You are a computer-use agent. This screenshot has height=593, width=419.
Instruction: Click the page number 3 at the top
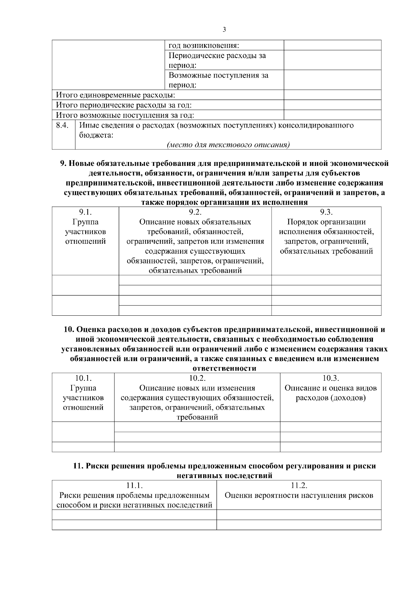click(224, 30)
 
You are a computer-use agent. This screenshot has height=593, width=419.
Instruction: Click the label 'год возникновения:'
click(204, 45)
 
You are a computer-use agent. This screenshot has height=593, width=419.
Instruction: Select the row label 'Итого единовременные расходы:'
click(116, 95)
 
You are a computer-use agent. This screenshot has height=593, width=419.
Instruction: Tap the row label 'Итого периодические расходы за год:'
click(124, 105)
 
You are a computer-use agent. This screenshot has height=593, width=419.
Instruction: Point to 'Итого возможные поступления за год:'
click(125, 115)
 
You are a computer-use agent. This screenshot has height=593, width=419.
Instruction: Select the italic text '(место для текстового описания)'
click(228, 145)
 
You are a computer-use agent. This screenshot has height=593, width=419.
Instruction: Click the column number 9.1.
click(86, 212)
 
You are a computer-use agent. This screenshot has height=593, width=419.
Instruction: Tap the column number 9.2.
click(195, 212)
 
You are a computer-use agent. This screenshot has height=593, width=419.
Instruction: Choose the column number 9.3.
click(326, 212)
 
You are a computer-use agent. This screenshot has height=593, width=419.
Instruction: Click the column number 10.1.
click(83, 378)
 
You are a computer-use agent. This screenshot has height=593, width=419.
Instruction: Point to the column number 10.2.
click(197, 378)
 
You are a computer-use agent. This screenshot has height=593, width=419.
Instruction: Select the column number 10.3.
click(331, 378)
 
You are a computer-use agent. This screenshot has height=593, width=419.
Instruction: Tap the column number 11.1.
click(134, 485)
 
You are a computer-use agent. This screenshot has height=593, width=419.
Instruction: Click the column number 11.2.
click(299, 485)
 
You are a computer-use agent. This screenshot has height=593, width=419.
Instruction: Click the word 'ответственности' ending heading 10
click(224, 368)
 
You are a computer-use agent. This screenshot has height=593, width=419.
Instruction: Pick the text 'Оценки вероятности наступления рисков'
click(299, 495)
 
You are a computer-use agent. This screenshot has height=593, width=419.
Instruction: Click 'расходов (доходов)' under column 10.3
click(331, 398)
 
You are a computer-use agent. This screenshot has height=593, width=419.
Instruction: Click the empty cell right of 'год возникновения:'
click(332, 45)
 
